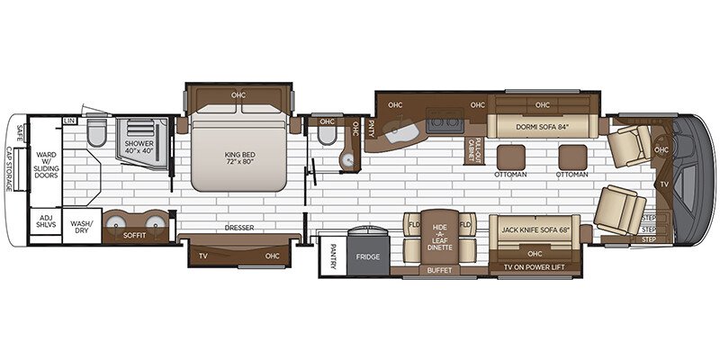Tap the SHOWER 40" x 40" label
(x=139, y=148)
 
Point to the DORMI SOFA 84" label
(x=540, y=126)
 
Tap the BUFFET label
(x=438, y=269)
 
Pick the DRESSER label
(x=239, y=228)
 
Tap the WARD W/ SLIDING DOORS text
(x=46, y=159)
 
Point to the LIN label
(x=69, y=121)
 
